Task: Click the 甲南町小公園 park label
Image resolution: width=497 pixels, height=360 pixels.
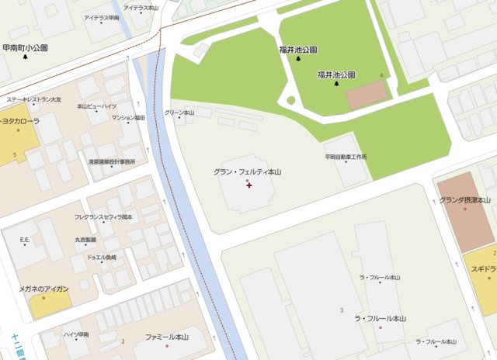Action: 25,47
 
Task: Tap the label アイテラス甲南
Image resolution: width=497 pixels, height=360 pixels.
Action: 102,17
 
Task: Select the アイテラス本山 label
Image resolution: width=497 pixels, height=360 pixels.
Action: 141,7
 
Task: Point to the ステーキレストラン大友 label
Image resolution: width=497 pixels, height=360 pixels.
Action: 40,99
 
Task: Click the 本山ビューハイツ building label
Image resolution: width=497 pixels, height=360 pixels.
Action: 97,106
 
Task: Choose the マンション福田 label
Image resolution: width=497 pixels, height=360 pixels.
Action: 128,117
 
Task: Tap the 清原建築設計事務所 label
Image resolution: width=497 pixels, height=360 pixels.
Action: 112,161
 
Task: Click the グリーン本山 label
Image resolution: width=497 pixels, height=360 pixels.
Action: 179,112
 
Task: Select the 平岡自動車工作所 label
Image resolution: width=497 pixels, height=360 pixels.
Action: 346,157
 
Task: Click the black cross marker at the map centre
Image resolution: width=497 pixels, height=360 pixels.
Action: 248,185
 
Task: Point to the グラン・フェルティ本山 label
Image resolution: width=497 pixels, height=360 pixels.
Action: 247,171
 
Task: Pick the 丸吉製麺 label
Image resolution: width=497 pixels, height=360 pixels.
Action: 85,240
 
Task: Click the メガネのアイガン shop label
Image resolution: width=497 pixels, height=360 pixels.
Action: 44,289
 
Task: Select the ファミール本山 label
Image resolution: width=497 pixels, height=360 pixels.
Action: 167,337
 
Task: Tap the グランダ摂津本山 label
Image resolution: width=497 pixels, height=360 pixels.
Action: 465,200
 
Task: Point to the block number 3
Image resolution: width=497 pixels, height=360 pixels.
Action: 341,310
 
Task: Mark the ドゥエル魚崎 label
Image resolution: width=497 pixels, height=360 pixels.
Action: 101,257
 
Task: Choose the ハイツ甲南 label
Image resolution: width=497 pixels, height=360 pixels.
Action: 76,334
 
